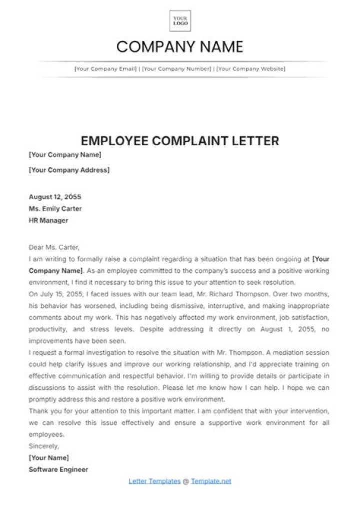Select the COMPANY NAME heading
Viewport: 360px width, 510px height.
tap(179, 47)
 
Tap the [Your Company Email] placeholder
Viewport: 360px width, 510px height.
tap(105, 69)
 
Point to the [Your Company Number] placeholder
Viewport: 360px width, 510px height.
tap(176, 69)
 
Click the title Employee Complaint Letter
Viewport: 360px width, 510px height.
tap(179, 141)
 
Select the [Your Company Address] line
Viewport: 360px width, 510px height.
tap(69, 170)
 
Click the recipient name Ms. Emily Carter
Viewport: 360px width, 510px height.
tap(55, 209)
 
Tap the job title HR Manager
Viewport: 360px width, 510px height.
tap(48, 220)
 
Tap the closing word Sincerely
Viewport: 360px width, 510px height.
tap(44, 446)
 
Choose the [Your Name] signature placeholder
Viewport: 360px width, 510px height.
tap(49, 457)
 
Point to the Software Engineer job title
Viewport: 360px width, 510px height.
tap(58, 469)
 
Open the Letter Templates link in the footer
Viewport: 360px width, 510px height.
tap(154, 481)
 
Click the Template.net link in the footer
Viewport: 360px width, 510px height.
tap(211, 481)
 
